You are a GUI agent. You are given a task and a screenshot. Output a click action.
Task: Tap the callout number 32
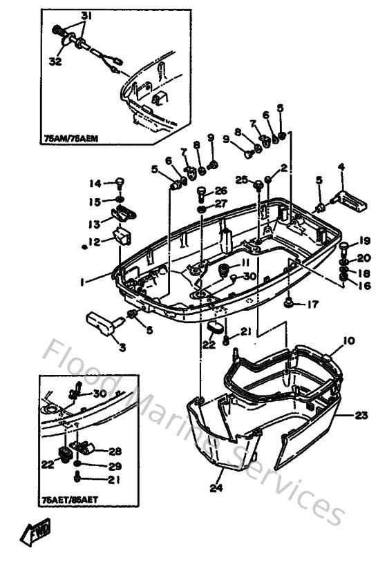coord(55,61)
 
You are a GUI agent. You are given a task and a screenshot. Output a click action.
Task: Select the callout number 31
coord(86,16)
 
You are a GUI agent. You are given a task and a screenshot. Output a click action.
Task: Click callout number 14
coord(94,183)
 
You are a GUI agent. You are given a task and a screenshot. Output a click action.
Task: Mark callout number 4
coord(341,166)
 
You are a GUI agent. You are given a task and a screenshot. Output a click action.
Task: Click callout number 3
coord(122,347)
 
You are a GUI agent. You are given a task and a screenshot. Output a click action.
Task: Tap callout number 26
coord(220,191)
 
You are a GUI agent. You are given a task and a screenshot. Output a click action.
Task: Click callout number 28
coord(115,450)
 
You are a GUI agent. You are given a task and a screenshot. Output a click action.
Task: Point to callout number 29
coord(114,467)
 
